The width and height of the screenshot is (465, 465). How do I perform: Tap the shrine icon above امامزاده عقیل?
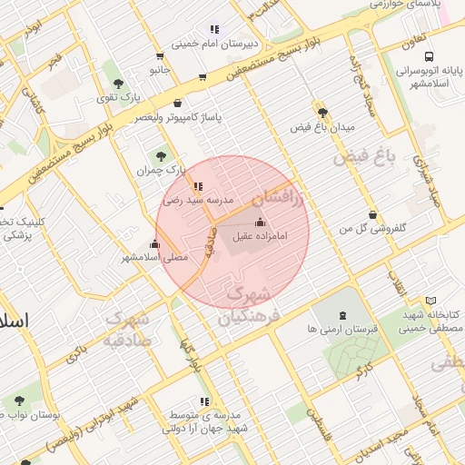261,223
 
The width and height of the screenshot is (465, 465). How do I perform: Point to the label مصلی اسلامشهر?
154,257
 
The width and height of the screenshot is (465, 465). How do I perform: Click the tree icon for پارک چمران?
162,156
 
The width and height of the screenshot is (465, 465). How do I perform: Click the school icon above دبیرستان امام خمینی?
214,29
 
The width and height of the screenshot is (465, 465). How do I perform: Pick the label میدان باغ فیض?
321,126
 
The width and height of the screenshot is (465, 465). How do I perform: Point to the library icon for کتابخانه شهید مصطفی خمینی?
430,301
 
